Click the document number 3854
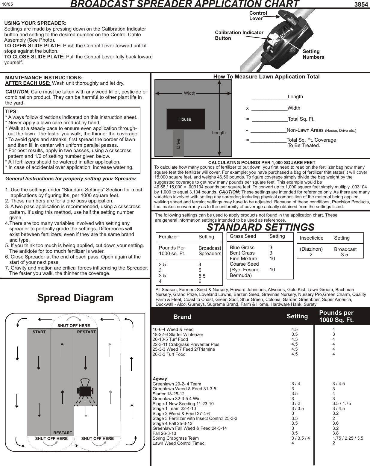point(361,4)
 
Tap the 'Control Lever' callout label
point(258,16)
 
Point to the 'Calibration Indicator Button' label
point(239,35)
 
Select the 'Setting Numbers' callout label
point(313,54)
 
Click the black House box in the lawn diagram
point(186,119)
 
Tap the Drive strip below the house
point(178,143)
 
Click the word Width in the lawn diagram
point(189,93)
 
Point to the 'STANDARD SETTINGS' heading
point(260,227)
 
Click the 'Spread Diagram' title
point(75,298)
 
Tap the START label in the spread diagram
point(39,332)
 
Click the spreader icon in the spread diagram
point(86,389)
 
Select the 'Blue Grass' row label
point(242,247)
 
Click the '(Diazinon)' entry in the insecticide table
point(311,249)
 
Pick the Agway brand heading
point(160,379)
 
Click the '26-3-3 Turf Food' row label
point(169,354)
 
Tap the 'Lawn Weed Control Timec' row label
point(178,443)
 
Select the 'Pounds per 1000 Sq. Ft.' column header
point(336,316)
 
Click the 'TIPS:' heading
point(12,111)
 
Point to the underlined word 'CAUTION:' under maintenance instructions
point(17,92)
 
